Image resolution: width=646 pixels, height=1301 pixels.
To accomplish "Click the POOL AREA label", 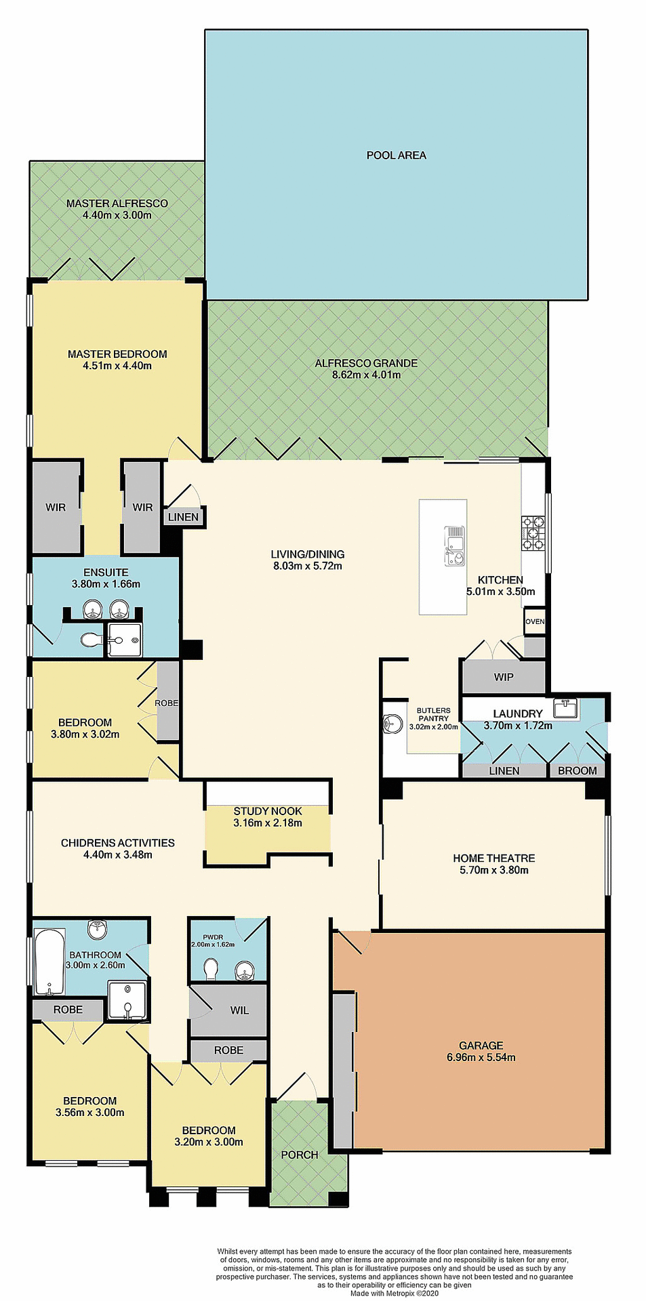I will [x=396, y=155].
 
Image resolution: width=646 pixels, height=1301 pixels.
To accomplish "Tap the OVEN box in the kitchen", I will [x=534, y=621].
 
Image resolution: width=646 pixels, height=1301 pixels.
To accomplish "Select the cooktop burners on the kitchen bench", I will [x=533, y=533].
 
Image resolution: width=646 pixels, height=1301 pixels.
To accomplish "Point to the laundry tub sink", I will [x=565, y=709].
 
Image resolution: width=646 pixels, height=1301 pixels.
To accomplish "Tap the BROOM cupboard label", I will [x=577, y=770].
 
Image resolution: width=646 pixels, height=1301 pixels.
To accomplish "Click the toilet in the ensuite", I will [x=91, y=640].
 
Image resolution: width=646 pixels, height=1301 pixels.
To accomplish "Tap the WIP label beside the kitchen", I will [x=503, y=677].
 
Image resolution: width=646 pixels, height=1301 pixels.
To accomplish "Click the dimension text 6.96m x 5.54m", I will [x=481, y=1057].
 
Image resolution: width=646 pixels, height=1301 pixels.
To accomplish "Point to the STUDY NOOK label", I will [x=268, y=811].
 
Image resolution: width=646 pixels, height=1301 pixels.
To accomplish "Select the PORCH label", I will [x=299, y=1155].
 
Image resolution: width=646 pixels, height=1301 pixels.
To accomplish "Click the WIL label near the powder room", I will [x=239, y=1010].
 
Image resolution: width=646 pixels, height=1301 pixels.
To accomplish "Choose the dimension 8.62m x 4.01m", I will [x=366, y=375].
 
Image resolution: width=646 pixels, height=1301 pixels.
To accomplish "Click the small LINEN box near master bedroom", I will [x=183, y=517].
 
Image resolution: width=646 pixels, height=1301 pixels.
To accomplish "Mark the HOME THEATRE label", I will [x=493, y=858].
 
